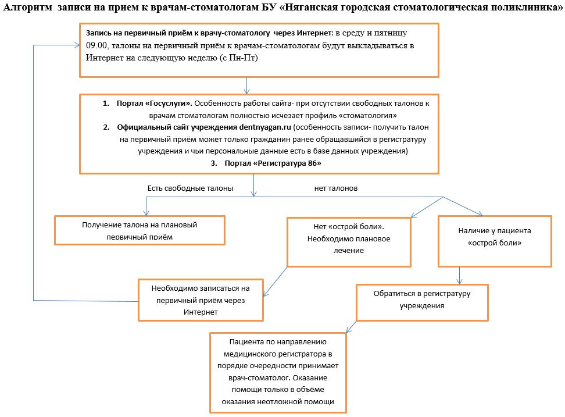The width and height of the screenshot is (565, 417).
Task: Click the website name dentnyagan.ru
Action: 265,127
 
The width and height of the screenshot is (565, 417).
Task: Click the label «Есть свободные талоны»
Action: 190,188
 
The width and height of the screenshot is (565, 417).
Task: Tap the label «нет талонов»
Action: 336,188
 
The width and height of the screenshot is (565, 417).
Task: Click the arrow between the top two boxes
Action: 247,85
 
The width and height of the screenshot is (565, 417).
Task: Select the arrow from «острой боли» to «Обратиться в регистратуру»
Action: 459,276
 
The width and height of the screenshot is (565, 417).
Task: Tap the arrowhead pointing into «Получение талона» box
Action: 146,213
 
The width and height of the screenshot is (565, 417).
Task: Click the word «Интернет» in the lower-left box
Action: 201,312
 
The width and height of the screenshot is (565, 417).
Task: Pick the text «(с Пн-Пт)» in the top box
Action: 239,58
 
